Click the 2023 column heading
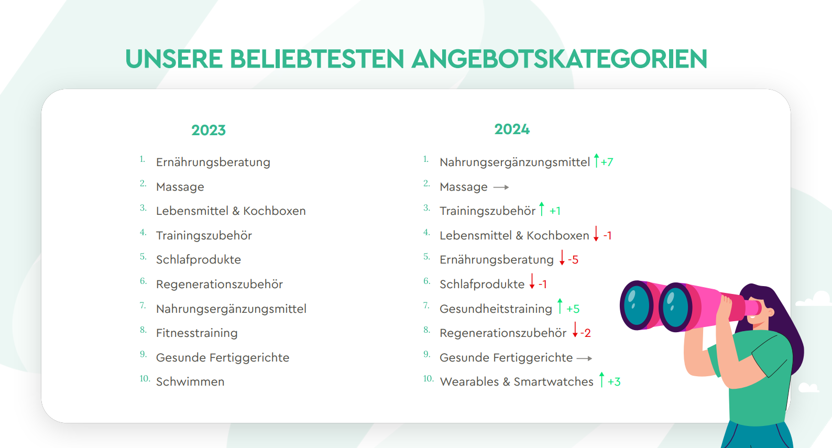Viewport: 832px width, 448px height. coord(209,130)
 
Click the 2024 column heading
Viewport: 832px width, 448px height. coord(512,129)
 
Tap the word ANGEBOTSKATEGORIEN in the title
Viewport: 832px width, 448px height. coord(560,59)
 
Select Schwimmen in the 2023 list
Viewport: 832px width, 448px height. coord(190,381)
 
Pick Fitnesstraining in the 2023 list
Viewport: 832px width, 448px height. coord(197,333)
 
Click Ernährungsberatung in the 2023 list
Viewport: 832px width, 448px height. coord(213,162)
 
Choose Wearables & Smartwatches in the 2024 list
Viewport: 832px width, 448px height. coord(517,381)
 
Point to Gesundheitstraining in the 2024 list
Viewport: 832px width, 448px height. coord(496,309)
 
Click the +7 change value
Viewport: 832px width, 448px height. coord(607,162)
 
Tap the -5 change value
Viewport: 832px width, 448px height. coord(573,260)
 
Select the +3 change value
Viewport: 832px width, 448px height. coord(614,382)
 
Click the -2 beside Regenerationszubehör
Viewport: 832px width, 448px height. coord(585,333)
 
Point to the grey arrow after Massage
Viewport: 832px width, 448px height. coord(501,187)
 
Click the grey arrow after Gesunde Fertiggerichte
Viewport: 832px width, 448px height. coord(584,358)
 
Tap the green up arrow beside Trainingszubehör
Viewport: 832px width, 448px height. coord(542,209)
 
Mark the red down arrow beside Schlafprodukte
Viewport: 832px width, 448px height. coord(532,281)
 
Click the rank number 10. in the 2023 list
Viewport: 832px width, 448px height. coord(145,378)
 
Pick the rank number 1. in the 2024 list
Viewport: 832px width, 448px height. coord(426,159)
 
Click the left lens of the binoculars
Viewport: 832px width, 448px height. coord(636,305)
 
